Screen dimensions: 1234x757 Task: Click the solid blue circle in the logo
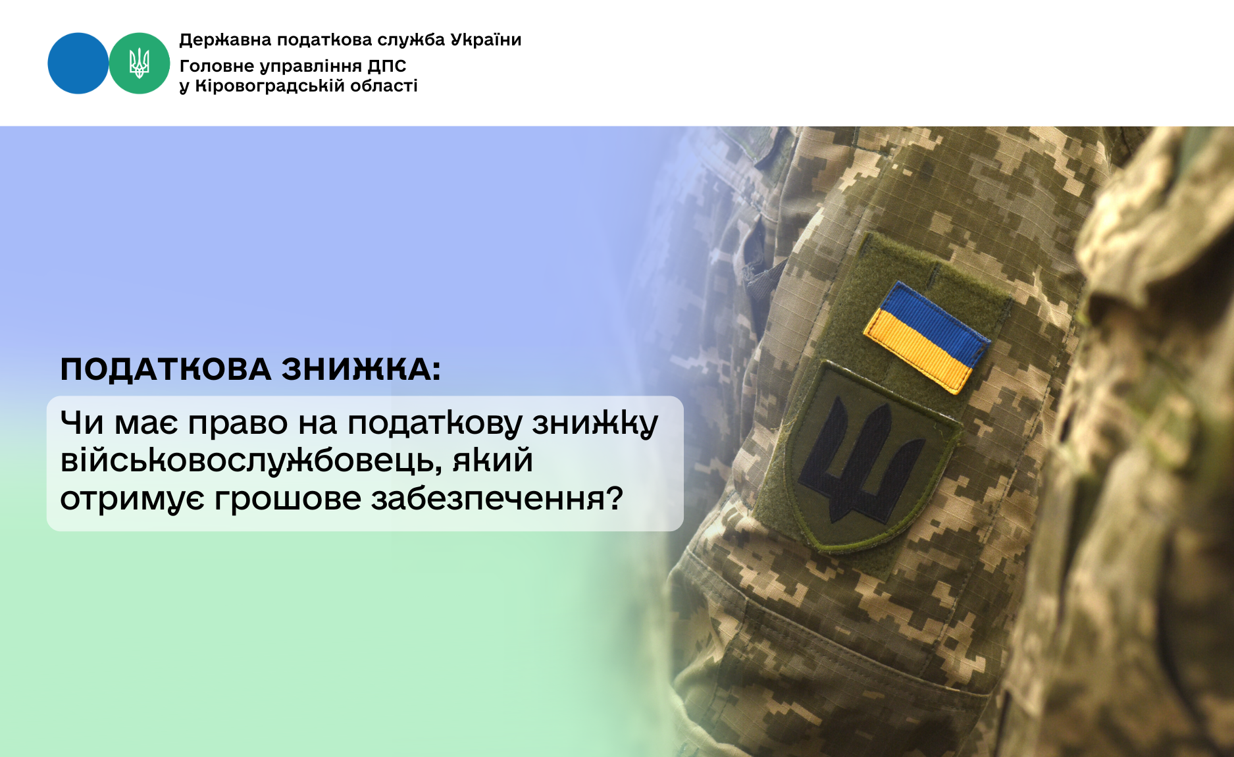pos(78,63)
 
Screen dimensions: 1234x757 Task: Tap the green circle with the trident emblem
pos(140,63)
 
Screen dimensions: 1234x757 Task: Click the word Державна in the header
pos(225,40)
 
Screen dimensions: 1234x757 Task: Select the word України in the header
pos(486,39)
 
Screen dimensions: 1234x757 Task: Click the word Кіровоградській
pos(270,86)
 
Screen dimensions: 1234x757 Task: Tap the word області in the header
pos(384,86)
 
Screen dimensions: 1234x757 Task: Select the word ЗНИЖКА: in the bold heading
pos(361,369)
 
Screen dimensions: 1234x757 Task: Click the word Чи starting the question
pos(82,423)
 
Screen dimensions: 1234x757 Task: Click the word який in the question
pos(492,460)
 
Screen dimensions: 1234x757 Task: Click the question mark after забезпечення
pos(615,497)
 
